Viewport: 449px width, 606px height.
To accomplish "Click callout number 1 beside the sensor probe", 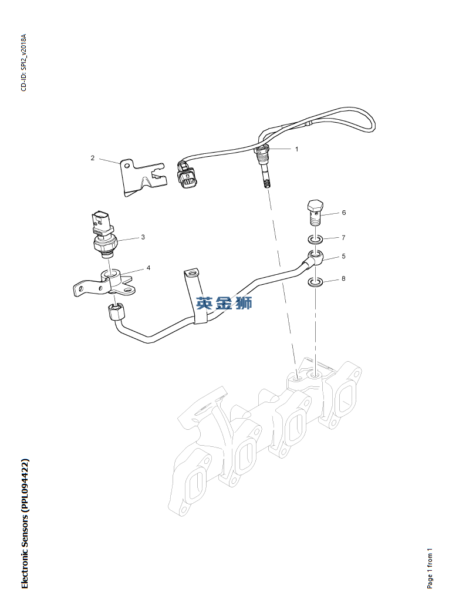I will click(x=297, y=149).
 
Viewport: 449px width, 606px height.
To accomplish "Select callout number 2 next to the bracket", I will click(x=93, y=158).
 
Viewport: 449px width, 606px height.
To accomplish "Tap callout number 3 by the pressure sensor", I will click(x=143, y=237).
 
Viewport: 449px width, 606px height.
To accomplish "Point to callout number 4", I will click(x=148, y=268).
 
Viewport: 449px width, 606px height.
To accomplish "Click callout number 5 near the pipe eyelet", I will click(x=343, y=257).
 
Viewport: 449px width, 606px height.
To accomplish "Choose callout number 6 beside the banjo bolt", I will click(x=344, y=213).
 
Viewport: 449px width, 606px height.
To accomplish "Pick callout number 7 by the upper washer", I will click(x=343, y=237).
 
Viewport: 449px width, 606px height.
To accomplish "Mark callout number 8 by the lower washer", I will click(x=343, y=278).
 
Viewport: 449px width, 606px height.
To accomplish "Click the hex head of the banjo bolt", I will click(x=315, y=207).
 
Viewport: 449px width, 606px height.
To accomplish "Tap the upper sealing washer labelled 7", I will click(x=315, y=240).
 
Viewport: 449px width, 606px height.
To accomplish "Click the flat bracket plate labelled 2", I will click(x=139, y=176).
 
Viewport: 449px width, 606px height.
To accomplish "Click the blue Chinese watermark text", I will click(x=224, y=304).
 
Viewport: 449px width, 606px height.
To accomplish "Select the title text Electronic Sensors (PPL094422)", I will click(x=24, y=523).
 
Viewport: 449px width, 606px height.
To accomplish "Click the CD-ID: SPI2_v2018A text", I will click(x=24, y=62).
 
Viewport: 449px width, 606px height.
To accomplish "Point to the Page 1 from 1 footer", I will click(x=430, y=568).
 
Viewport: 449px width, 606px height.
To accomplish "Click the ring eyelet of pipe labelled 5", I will click(x=315, y=256).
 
